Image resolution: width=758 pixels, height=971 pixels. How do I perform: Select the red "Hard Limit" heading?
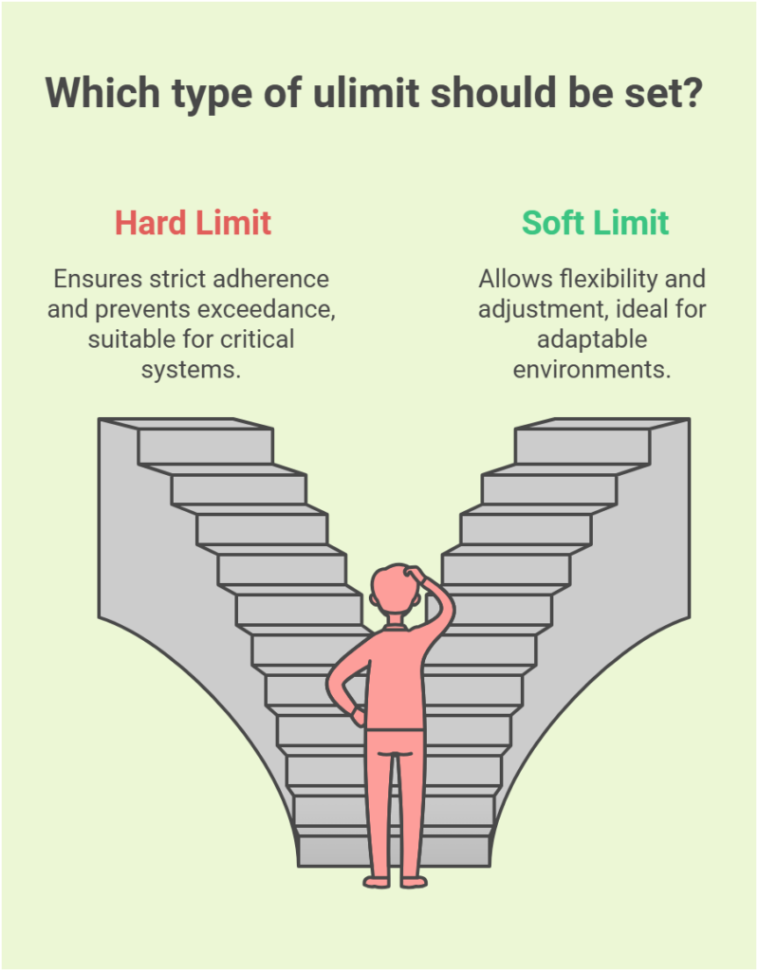[193, 223]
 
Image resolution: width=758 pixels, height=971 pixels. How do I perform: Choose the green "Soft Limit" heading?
[595, 223]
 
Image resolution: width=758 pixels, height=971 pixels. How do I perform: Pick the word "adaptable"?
[592, 339]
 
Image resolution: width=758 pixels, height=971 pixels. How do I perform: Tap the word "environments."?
[592, 368]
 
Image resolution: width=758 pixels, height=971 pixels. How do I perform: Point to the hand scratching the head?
[416, 575]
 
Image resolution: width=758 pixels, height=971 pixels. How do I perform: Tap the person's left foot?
[378, 881]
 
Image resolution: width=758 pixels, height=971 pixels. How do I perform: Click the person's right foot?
[414, 881]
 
